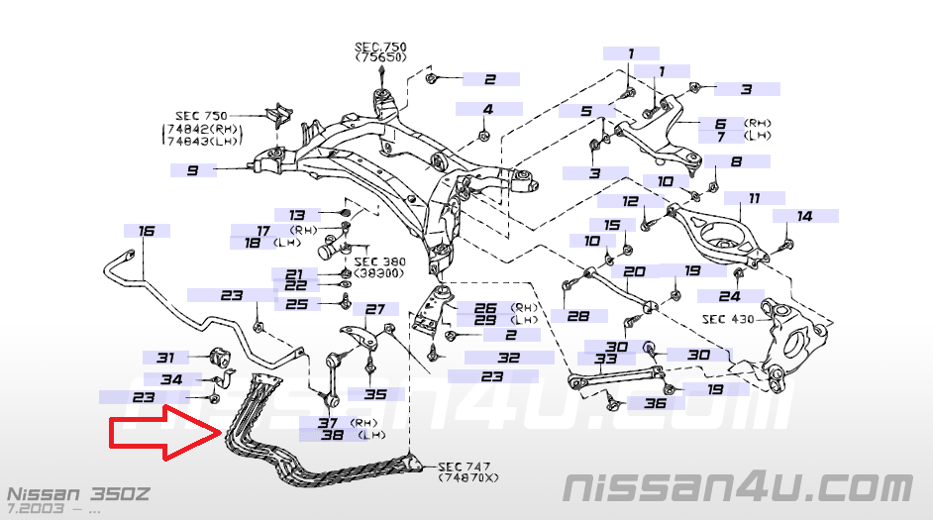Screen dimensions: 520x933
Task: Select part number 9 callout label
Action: [x=192, y=170]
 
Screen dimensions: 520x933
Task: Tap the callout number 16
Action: [x=147, y=231]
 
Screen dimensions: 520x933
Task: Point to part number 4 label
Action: [x=488, y=109]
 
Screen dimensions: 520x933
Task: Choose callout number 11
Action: [x=754, y=198]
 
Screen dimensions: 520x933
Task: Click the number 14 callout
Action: [x=804, y=215]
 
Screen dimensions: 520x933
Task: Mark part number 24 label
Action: [x=730, y=296]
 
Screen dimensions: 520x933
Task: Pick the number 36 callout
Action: [x=655, y=403]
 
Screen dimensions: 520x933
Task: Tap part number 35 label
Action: [x=375, y=394]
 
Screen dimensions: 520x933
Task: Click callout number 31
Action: [x=165, y=358]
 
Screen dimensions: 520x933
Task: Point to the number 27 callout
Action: [x=374, y=309]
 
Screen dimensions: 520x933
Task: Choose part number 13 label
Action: [x=297, y=214]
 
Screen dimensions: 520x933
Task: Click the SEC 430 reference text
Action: [x=728, y=319]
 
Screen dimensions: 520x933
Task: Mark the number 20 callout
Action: [x=635, y=271]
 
